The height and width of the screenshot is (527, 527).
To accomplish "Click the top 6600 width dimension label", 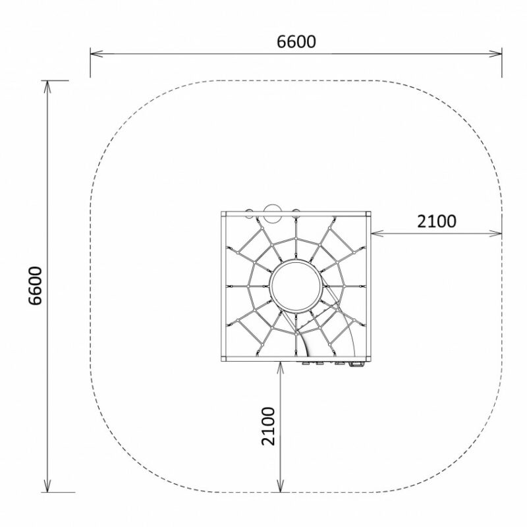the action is (296, 42).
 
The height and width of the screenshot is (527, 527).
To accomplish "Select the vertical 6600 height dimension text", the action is (35, 286).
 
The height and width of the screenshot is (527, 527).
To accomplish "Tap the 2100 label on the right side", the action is (437, 221).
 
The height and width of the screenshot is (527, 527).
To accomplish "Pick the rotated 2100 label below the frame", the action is (268, 426).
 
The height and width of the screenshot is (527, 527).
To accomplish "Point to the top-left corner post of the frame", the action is (223, 213).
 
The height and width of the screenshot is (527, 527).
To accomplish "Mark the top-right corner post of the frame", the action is (368, 213).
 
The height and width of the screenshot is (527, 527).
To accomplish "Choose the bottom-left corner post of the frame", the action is (223, 358).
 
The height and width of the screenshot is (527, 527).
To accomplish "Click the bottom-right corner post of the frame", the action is (368, 358).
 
